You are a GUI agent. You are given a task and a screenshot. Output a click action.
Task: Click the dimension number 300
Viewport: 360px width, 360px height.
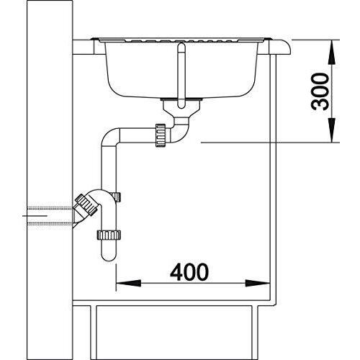[x=320, y=91]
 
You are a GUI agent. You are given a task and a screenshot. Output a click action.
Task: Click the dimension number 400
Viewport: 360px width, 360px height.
[x=189, y=272]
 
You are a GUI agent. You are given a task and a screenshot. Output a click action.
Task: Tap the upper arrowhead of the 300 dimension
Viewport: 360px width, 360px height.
[x=332, y=53]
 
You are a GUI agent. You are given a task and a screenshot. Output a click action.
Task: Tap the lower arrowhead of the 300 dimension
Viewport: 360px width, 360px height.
[x=332, y=130]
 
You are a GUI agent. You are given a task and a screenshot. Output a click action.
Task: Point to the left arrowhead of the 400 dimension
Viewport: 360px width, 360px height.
[x=128, y=283]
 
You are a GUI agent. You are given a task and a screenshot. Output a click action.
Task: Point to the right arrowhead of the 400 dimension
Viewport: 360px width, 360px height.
[x=258, y=283]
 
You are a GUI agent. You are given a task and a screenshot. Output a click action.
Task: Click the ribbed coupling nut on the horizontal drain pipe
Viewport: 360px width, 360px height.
[x=161, y=135]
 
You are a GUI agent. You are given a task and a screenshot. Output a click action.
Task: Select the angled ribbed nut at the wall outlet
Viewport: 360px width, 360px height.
[x=86, y=204]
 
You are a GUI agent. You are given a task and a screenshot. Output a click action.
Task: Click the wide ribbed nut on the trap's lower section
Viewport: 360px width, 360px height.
[x=109, y=235]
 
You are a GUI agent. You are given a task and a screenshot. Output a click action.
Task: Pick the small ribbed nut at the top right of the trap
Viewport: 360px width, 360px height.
[x=117, y=197]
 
